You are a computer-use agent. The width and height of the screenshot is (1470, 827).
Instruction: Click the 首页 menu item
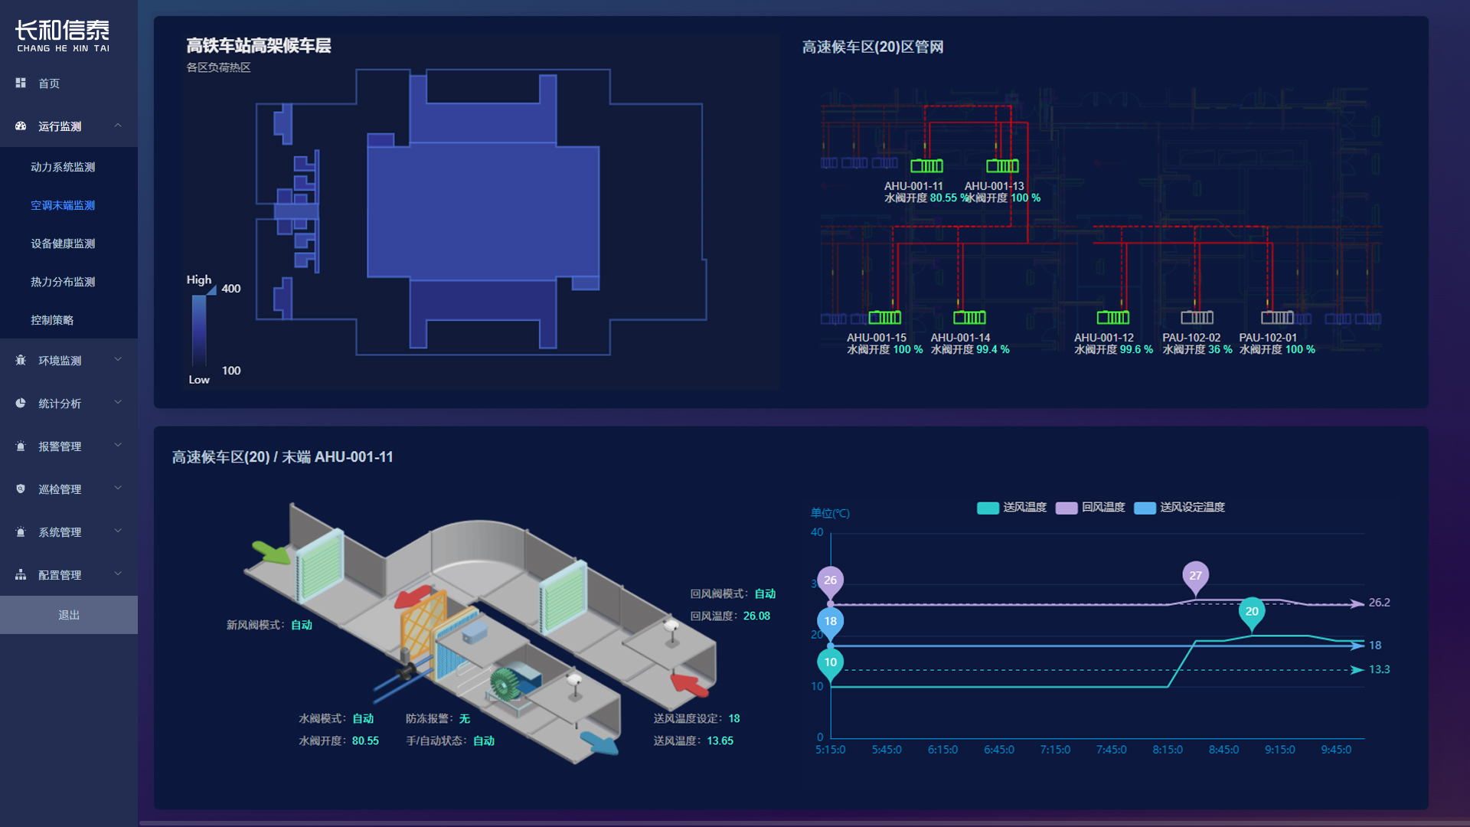49,83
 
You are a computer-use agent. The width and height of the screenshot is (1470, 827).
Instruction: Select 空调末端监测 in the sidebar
63,205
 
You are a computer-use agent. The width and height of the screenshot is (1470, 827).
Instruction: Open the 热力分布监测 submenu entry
63,282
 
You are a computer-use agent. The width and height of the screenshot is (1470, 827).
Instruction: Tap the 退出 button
69,615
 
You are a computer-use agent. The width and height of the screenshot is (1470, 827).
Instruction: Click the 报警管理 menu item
60,446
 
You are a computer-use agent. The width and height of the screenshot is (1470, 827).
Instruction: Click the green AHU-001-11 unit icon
926,166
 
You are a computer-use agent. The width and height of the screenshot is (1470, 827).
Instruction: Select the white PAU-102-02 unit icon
1197,318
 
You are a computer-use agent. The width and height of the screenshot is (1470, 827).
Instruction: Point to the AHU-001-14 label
960,338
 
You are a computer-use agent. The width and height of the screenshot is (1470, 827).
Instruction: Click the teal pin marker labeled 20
1252,612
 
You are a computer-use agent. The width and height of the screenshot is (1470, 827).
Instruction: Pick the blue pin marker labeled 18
831,622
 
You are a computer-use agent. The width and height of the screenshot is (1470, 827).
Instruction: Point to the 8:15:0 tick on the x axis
1168,750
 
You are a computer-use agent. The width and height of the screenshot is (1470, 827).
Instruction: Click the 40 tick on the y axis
817,532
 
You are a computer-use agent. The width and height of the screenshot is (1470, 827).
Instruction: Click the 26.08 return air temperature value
756,616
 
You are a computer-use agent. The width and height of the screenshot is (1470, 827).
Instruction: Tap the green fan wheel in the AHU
505,683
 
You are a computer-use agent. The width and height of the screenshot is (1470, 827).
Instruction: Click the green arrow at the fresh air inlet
270,551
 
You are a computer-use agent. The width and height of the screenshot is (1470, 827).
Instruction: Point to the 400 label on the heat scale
231,289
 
